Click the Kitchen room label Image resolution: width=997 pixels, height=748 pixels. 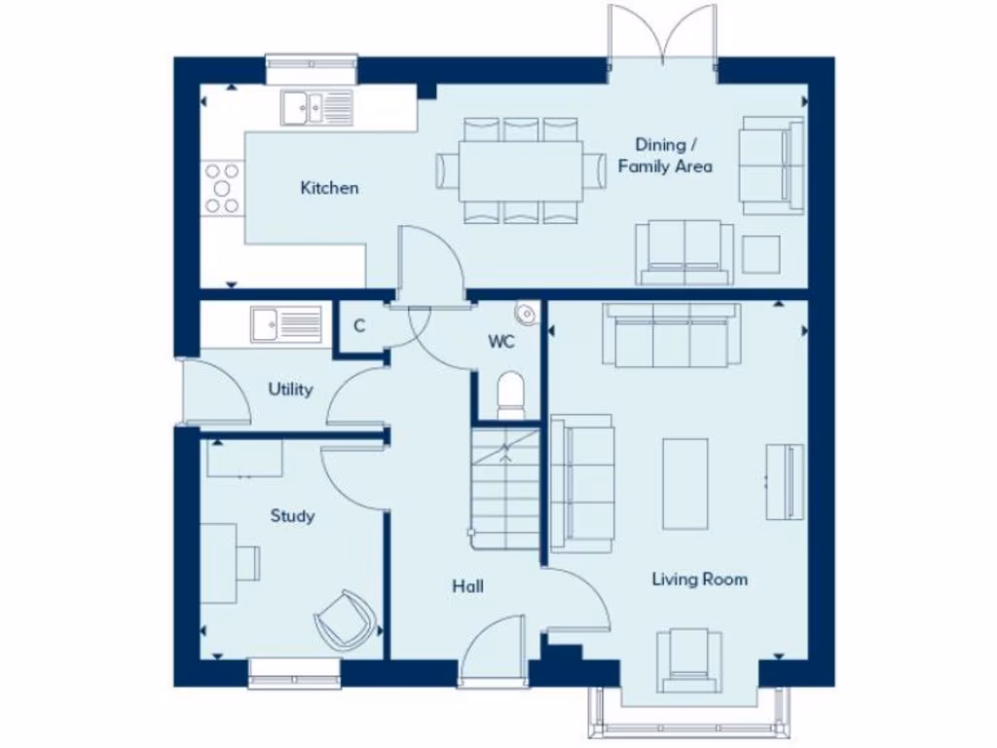pyautogui.click(x=329, y=188)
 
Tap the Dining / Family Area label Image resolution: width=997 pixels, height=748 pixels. pyautogui.click(x=665, y=156)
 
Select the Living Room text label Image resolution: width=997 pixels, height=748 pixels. pyautogui.click(x=699, y=580)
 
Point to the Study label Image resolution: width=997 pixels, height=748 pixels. pyautogui.click(x=292, y=515)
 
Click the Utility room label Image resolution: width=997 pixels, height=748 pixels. pyautogui.click(x=290, y=390)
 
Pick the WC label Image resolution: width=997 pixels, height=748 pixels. pyautogui.click(x=500, y=342)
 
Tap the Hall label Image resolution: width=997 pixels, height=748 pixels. pyautogui.click(x=467, y=586)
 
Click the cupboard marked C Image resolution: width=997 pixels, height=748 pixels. pyautogui.click(x=359, y=326)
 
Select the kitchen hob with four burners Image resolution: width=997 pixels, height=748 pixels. pyautogui.click(x=221, y=186)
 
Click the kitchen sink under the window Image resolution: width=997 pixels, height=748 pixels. pyautogui.click(x=314, y=107)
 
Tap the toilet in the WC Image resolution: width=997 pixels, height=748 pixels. pyautogui.click(x=510, y=395)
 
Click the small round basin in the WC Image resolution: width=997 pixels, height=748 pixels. pyautogui.click(x=526, y=312)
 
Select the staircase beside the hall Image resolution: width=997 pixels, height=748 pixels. pyautogui.click(x=504, y=484)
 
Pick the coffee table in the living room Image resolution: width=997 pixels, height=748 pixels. pyautogui.click(x=684, y=483)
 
